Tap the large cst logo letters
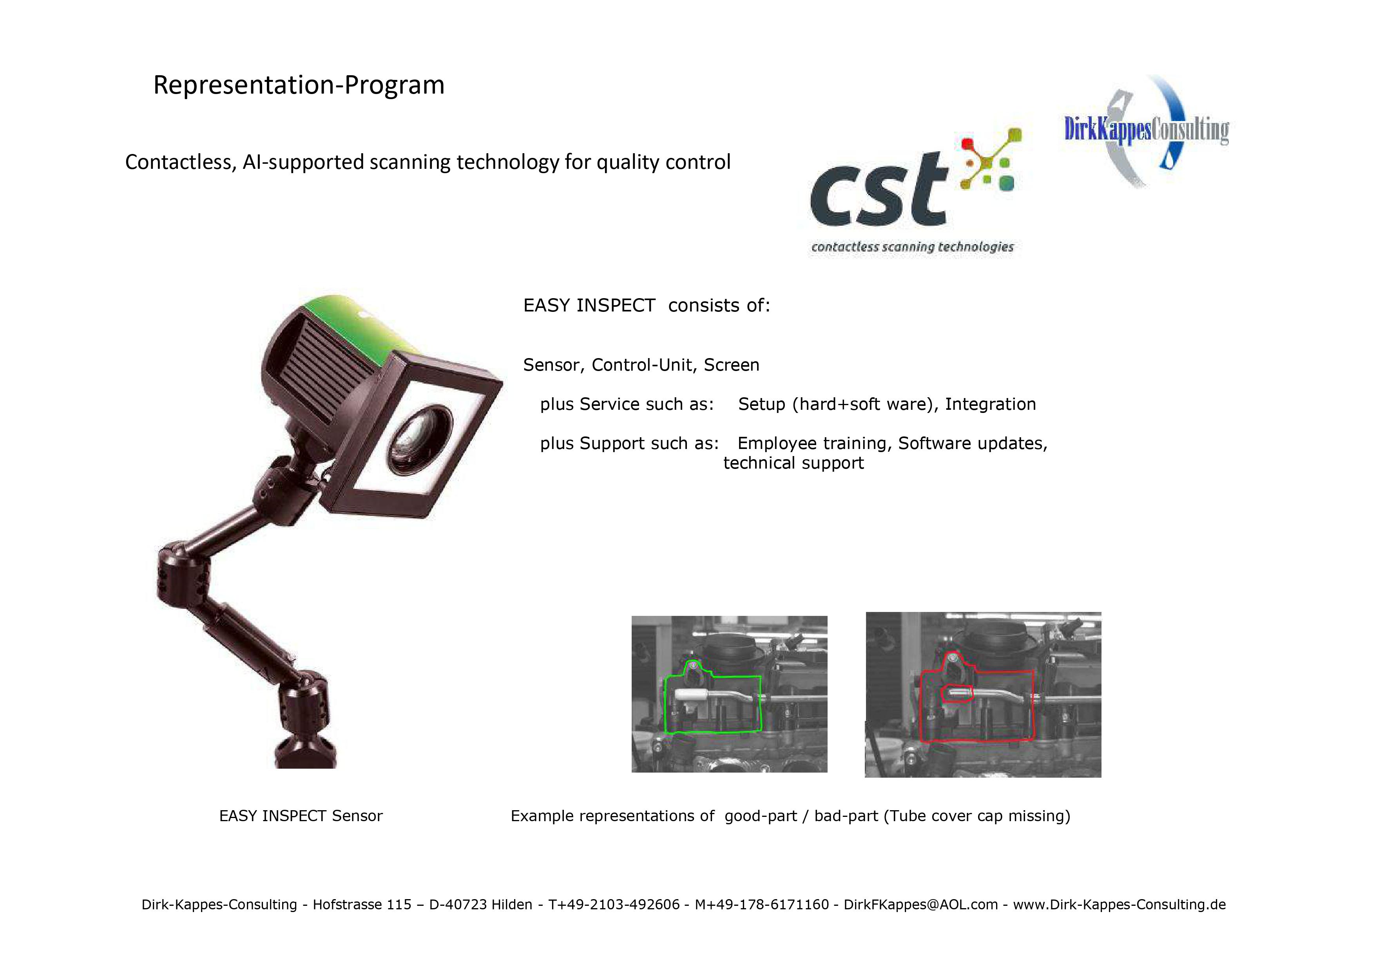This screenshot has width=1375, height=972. [879, 190]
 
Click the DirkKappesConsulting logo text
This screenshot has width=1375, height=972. [1146, 130]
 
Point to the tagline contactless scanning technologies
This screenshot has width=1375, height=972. [912, 247]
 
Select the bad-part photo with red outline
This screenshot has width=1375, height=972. [983, 695]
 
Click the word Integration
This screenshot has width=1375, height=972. [991, 404]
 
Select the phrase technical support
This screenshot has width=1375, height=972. [793, 463]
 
